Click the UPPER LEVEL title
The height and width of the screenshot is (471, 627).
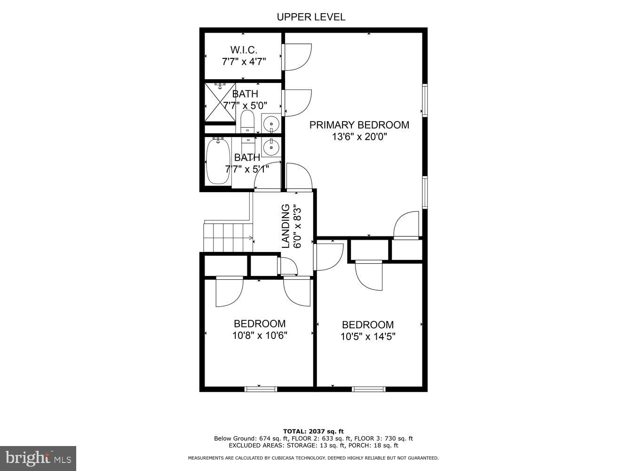pyautogui.click(x=311, y=17)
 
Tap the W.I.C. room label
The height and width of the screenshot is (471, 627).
pyautogui.click(x=243, y=49)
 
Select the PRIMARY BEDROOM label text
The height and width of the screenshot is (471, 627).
pyautogui.click(x=359, y=125)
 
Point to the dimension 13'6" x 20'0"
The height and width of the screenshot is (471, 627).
pyautogui.click(x=359, y=137)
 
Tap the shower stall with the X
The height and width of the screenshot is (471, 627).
pyautogui.click(x=220, y=102)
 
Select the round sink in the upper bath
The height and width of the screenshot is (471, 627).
pyautogui.click(x=271, y=124)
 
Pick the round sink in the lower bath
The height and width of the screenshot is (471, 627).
pyautogui.click(x=271, y=147)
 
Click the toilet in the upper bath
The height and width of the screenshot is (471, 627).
pyautogui.click(x=247, y=122)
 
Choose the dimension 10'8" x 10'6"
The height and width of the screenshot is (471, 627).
pyautogui.click(x=260, y=336)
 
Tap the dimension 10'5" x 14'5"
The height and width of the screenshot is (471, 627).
pyautogui.click(x=367, y=337)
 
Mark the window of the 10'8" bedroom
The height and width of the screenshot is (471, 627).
pyautogui.click(x=261, y=389)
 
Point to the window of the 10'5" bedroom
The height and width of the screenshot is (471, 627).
pyautogui.click(x=369, y=389)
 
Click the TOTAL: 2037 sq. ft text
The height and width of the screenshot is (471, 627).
pyautogui.click(x=313, y=431)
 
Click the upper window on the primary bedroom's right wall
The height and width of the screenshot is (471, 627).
pyautogui.click(x=425, y=100)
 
